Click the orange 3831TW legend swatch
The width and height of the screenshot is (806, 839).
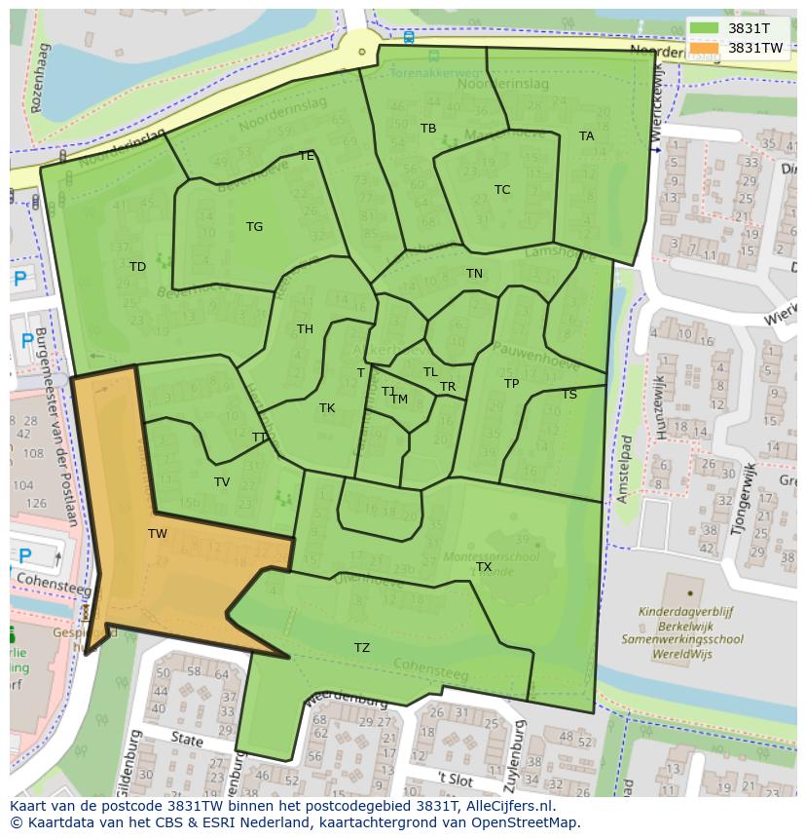(x=705, y=48)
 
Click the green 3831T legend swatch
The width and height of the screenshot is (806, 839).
(x=705, y=28)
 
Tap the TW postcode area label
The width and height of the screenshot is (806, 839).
(x=158, y=534)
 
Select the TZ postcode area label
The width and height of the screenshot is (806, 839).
(x=361, y=648)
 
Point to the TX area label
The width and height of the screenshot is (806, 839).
(x=484, y=567)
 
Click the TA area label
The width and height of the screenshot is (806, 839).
(x=586, y=136)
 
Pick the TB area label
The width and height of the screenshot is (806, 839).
(x=428, y=129)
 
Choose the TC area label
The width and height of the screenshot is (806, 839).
(x=502, y=190)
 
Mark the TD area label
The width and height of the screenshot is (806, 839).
(x=137, y=267)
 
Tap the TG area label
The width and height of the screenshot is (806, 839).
(x=254, y=227)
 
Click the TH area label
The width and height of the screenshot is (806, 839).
(x=305, y=329)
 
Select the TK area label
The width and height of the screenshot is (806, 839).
(x=327, y=408)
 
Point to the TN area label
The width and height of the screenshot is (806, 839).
(x=474, y=274)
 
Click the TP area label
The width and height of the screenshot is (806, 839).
(x=511, y=384)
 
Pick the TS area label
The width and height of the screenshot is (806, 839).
(x=569, y=395)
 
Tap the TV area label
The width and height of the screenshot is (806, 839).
(x=222, y=482)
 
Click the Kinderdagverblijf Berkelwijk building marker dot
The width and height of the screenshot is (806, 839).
(x=689, y=591)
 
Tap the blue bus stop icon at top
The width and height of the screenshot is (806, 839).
(x=409, y=38)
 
